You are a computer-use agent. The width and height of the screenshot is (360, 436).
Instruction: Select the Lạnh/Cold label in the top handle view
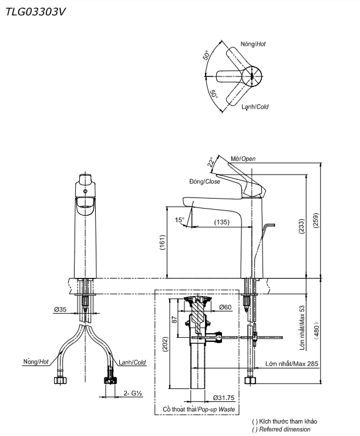(255, 107)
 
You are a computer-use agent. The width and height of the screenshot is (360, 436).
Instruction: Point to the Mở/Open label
(243, 159)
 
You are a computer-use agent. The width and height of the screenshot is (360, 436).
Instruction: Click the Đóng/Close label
(204, 182)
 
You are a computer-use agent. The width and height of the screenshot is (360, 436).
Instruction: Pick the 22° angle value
(210, 163)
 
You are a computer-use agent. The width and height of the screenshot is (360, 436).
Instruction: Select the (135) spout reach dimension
(221, 222)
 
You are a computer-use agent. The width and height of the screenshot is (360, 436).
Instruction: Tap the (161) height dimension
(162, 243)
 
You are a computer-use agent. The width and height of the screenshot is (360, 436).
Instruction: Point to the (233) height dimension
(301, 226)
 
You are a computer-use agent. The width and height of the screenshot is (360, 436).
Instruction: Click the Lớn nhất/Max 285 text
(292, 364)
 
